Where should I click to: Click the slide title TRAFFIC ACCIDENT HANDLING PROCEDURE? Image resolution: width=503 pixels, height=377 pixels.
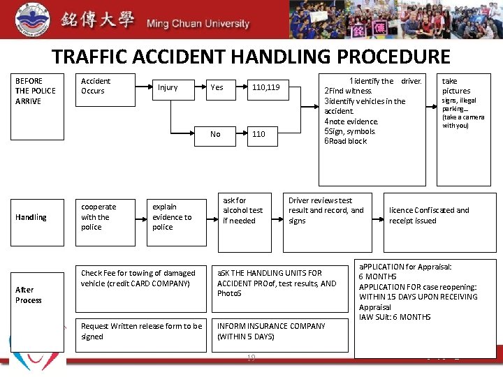[x=251, y=57]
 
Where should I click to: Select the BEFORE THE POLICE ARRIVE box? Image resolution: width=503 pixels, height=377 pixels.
[x=36, y=91]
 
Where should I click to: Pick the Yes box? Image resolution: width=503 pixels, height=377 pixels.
[x=217, y=87]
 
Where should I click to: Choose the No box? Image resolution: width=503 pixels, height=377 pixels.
[x=215, y=134]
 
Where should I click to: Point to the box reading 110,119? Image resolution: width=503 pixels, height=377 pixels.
[x=266, y=87]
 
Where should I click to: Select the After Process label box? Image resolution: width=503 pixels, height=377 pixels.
[x=36, y=295]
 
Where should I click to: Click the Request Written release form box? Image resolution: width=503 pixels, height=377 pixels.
[x=142, y=332]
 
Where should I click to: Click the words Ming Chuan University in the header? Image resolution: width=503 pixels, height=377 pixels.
[x=198, y=24]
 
